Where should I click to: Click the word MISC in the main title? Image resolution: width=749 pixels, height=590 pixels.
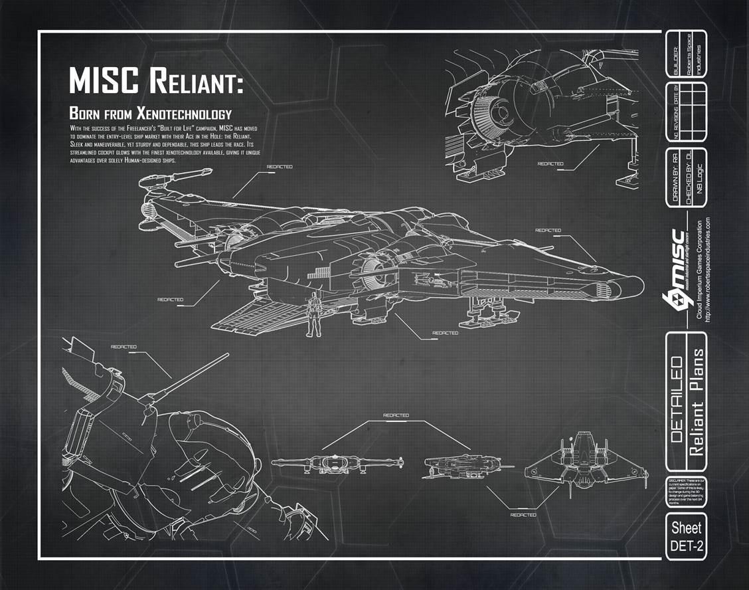(105, 81)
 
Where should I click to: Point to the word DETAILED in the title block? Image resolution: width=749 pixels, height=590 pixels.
(676, 401)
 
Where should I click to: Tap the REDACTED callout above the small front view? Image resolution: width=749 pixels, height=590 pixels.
(396, 416)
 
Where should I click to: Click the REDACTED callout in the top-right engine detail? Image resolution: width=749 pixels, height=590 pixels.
(550, 163)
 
